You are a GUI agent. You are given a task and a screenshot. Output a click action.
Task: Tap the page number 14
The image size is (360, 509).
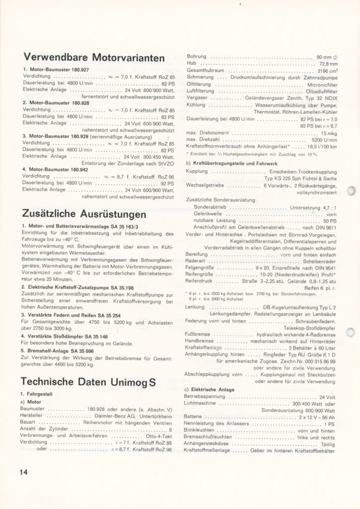28,486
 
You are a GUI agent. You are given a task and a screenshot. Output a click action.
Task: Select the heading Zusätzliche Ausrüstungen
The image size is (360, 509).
84,215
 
